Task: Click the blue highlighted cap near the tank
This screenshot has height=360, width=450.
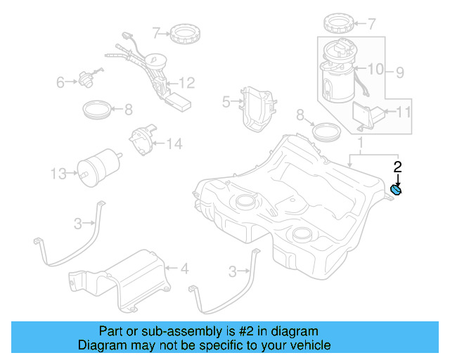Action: pyautogui.click(x=397, y=190)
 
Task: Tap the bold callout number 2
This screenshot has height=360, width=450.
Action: pyautogui.click(x=397, y=167)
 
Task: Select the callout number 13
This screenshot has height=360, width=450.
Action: pyautogui.click(x=59, y=172)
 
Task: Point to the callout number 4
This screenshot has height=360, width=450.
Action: pyautogui.click(x=184, y=268)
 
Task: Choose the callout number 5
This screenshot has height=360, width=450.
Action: pyautogui.click(x=226, y=102)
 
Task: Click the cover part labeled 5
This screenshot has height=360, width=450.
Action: pyautogui.click(x=258, y=109)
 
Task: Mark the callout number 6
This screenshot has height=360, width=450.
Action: pyautogui.click(x=60, y=84)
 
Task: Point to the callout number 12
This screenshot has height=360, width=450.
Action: pyautogui.click(x=186, y=83)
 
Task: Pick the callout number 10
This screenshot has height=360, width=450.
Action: pyautogui.click(x=375, y=69)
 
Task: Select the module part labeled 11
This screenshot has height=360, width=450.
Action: pyautogui.click(x=367, y=115)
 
